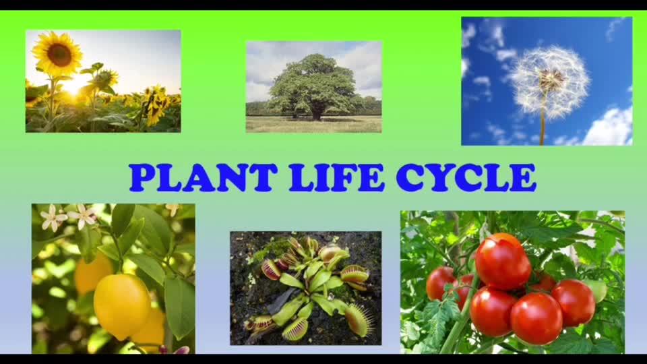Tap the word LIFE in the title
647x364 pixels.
336,177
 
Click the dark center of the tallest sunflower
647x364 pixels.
60,54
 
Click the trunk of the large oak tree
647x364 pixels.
317,112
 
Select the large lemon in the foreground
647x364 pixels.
122,306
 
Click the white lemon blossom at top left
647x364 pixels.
53,218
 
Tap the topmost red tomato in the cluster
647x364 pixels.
503,262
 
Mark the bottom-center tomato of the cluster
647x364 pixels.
536,318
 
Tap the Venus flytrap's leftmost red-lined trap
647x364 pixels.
271,269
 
